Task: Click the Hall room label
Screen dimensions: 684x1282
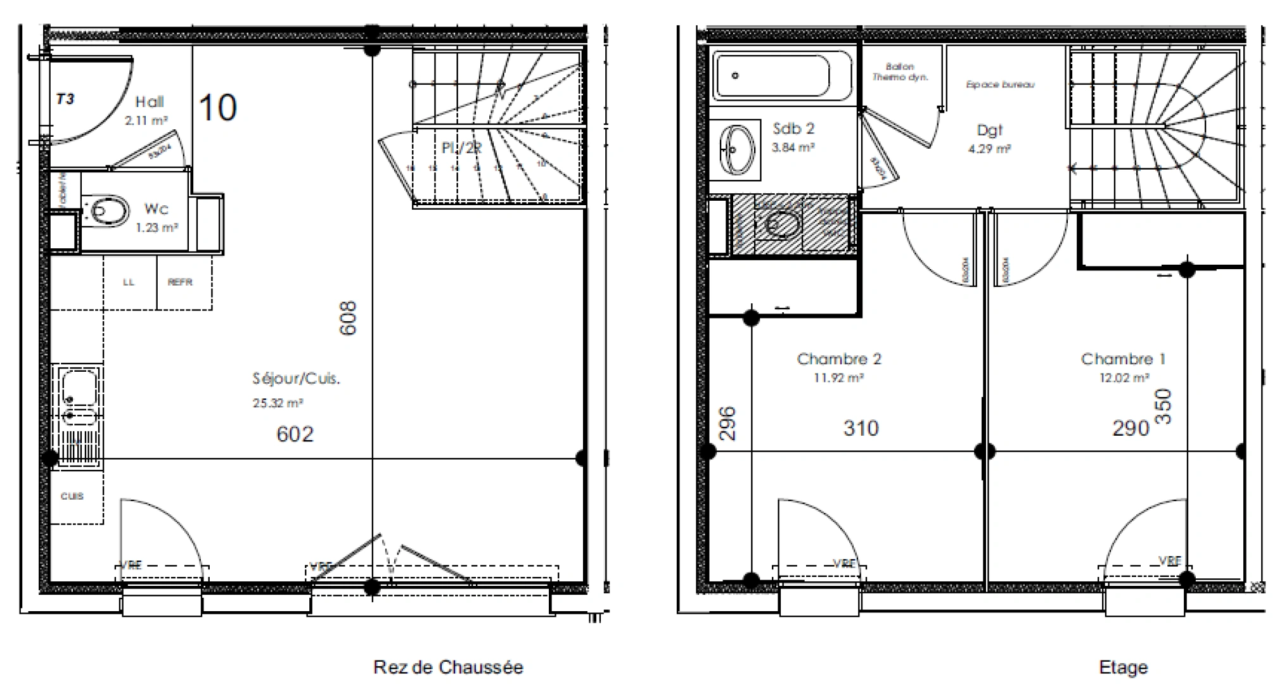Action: pyautogui.click(x=150, y=102)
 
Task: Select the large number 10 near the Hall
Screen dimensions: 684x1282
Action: pyautogui.click(x=218, y=108)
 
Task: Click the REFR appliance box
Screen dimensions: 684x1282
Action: pyautogui.click(x=181, y=282)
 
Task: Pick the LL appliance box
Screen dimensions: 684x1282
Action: pyautogui.click(x=129, y=282)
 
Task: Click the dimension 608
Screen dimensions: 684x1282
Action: pyautogui.click(x=349, y=318)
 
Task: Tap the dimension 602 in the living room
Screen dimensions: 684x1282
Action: pyautogui.click(x=295, y=434)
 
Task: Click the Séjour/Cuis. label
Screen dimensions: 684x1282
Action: pyautogui.click(x=296, y=379)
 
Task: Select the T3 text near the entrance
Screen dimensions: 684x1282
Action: pyautogui.click(x=65, y=99)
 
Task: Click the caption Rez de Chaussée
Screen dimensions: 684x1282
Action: pyautogui.click(x=448, y=667)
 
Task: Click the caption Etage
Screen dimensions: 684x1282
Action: pyautogui.click(x=1123, y=667)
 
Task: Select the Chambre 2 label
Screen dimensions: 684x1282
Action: pyautogui.click(x=838, y=359)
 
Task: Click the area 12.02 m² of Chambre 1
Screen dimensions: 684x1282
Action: pyautogui.click(x=1124, y=378)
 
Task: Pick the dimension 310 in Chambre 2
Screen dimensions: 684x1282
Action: pyautogui.click(x=861, y=428)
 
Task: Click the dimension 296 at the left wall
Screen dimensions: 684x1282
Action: pyautogui.click(x=728, y=423)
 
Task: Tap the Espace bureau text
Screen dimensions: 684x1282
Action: pyautogui.click(x=1000, y=84)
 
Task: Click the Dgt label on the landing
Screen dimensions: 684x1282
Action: pyautogui.click(x=989, y=130)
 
